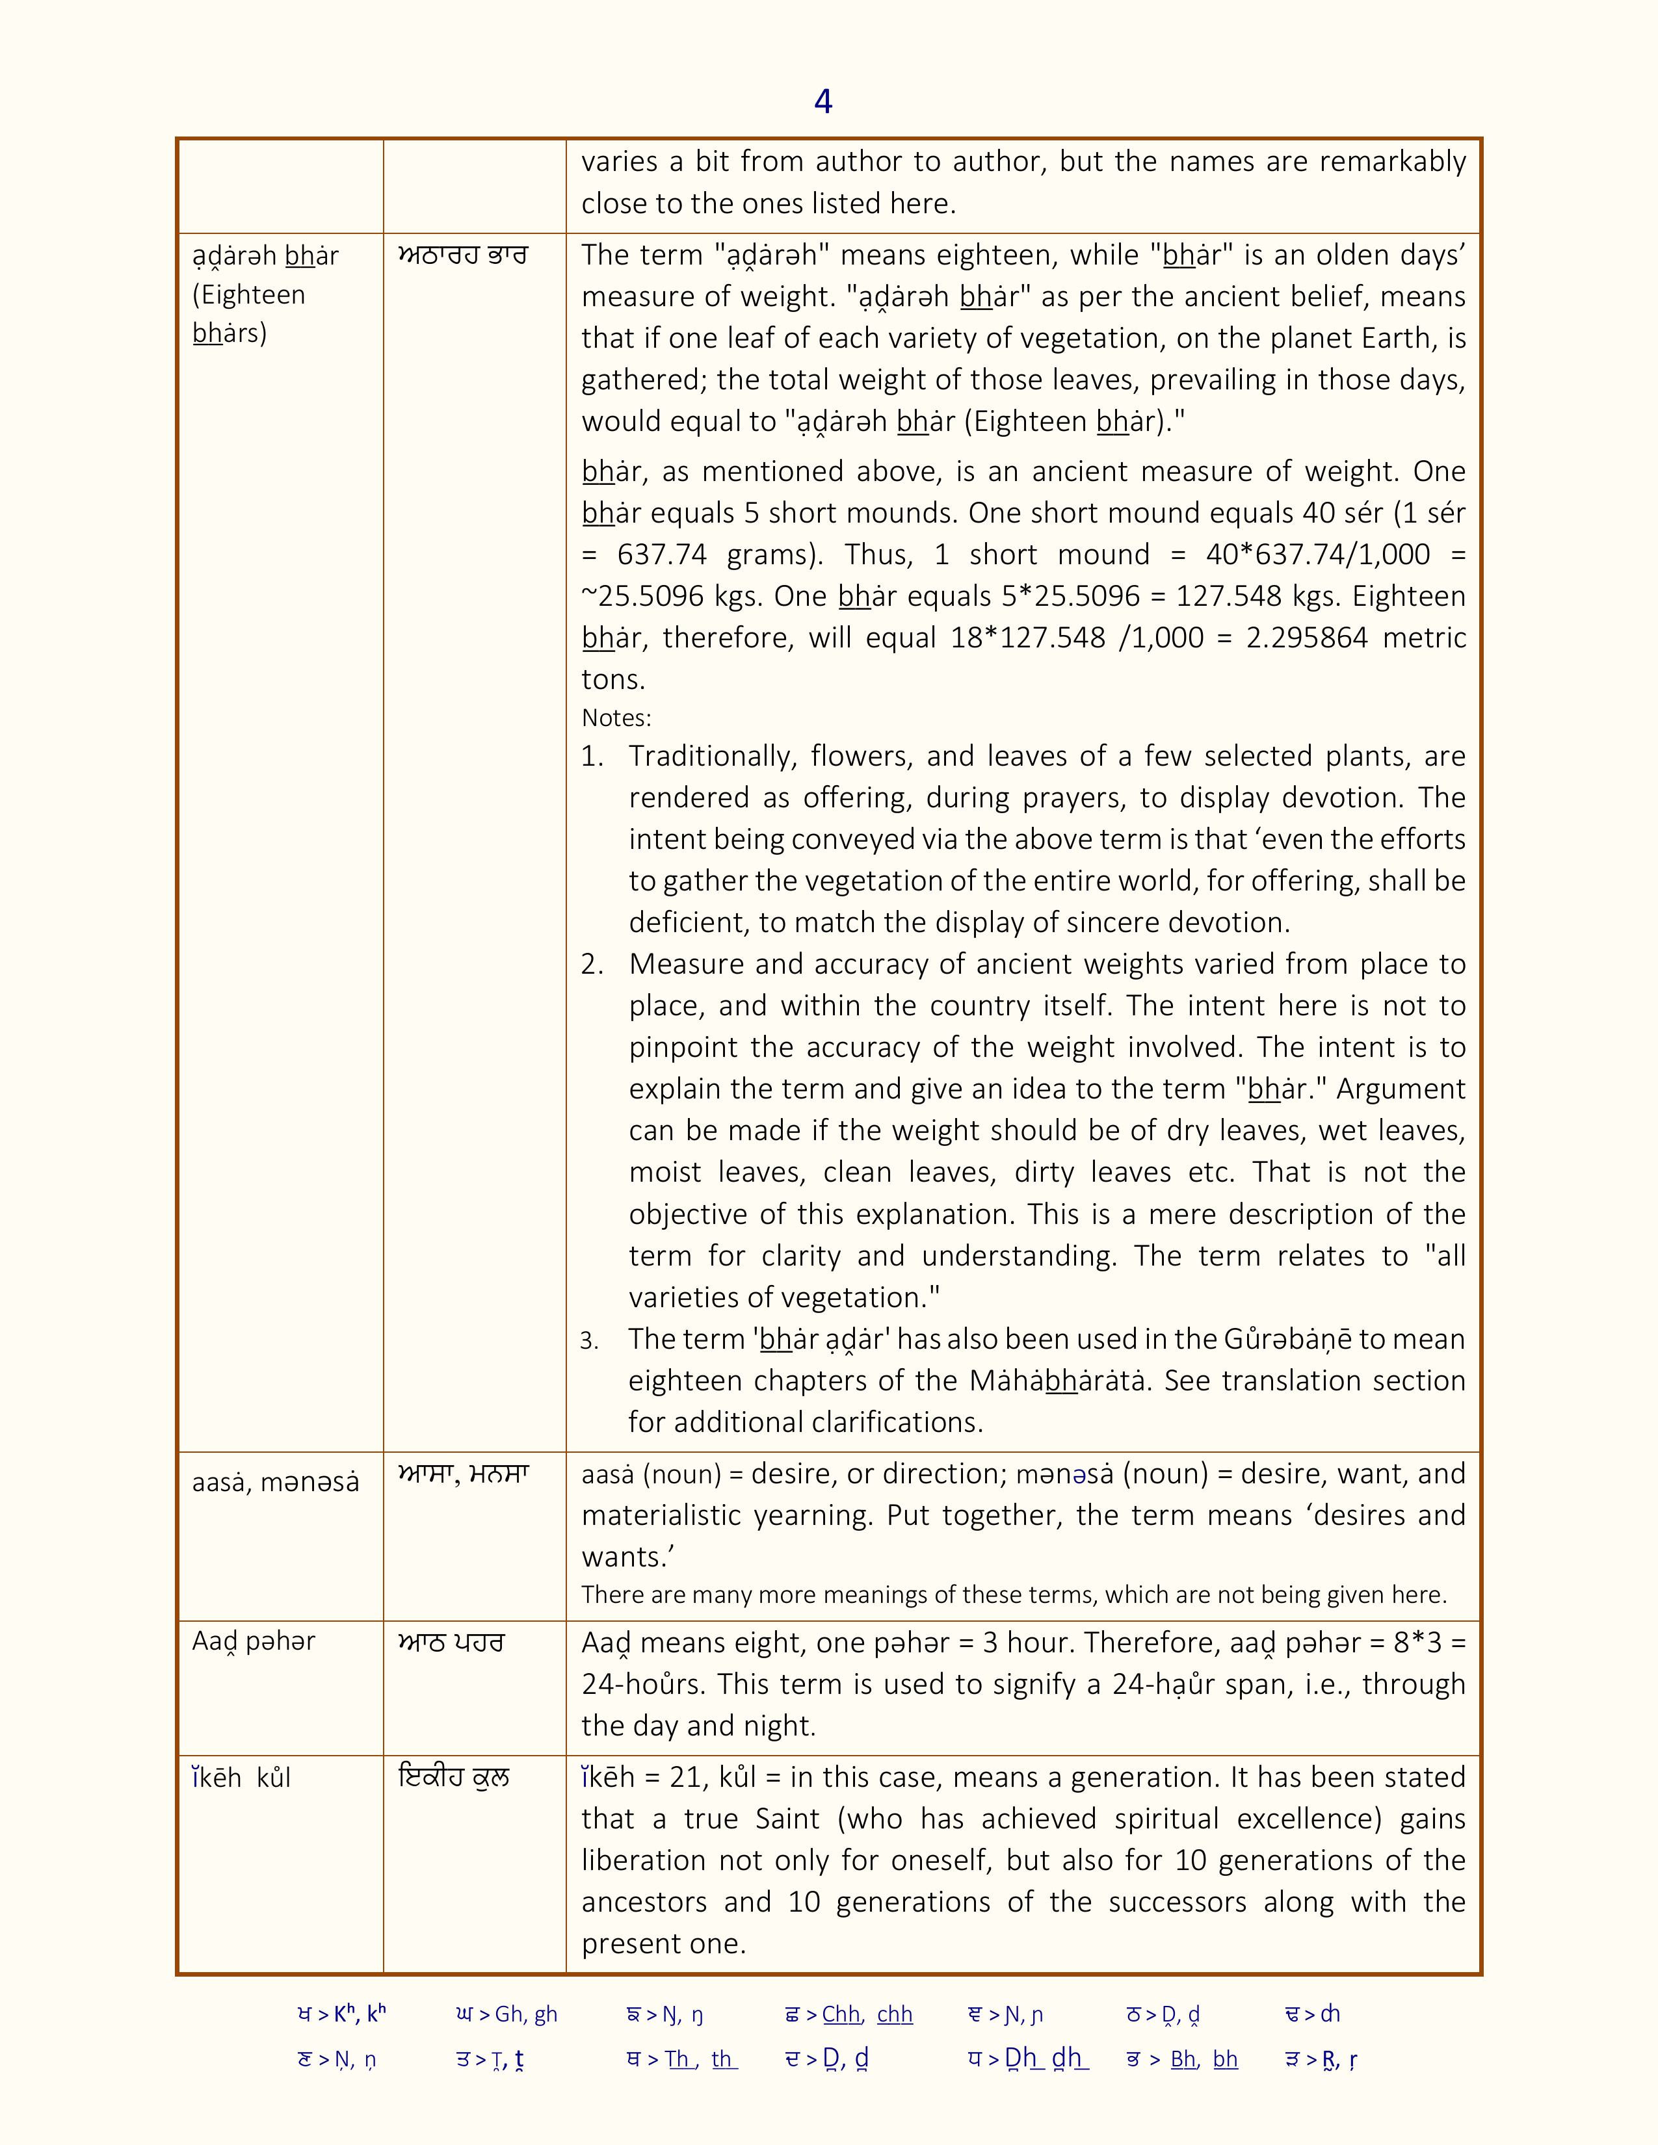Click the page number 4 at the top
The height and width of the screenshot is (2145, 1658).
(823, 101)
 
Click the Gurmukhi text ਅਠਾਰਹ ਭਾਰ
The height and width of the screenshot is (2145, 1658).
(463, 255)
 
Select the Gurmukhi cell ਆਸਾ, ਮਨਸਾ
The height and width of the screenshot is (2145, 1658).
(464, 1473)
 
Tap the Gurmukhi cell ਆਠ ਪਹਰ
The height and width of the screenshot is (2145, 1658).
(451, 1642)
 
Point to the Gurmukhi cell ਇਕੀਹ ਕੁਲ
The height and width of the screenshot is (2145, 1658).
(454, 1778)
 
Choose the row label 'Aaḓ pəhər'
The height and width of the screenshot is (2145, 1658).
(254, 1641)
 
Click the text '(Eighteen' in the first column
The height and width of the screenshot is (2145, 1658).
(248, 294)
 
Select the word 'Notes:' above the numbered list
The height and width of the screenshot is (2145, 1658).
(616, 718)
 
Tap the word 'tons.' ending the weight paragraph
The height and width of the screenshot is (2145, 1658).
(613, 680)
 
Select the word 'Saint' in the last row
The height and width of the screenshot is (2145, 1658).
(787, 1819)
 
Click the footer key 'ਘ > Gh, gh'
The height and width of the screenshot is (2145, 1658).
(507, 2014)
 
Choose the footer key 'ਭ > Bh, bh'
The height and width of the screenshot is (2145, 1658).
(1181, 2060)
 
